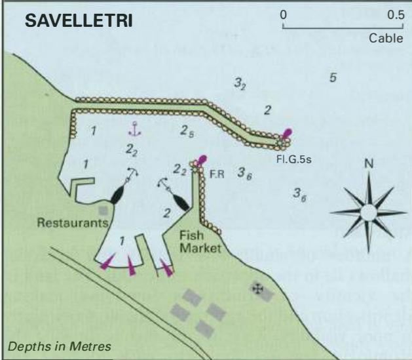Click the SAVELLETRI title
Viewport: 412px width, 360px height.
click(79, 20)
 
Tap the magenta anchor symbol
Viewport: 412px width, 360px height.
click(134, 129)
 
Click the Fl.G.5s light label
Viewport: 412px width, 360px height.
click(293, 159)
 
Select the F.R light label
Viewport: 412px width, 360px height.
click(217, 174)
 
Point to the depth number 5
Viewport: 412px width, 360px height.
click(333, 77)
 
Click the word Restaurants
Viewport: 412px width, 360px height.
click(73, 223)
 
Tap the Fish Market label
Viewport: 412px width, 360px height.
click(200, 242)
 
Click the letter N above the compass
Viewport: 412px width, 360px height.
click(369, 164)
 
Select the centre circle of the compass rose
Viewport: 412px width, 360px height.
click(368, 212)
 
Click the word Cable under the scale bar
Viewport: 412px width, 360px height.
click(386, 39)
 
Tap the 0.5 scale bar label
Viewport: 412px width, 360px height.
click(396, 15)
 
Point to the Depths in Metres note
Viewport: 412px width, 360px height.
click(60, 346)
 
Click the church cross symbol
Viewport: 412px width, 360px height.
click(257, 289)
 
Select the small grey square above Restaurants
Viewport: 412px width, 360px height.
click(103, 210)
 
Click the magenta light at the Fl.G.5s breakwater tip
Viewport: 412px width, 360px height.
click(286, 134)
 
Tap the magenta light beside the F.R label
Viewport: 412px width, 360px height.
click(202, 160)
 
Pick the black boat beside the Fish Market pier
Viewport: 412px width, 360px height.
click(181, 202)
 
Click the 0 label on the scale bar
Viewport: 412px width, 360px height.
click(283, 15)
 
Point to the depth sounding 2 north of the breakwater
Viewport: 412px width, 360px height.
click(267, 110)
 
